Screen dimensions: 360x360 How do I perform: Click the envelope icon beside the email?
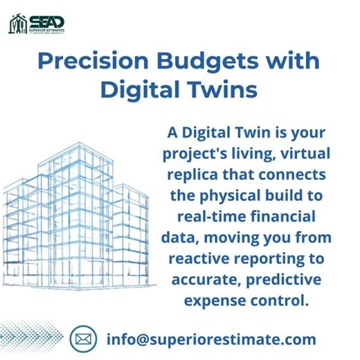point(84,339)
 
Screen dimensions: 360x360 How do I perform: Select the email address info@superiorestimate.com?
point(211,339)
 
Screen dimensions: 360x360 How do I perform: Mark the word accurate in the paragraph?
point(204,279)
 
